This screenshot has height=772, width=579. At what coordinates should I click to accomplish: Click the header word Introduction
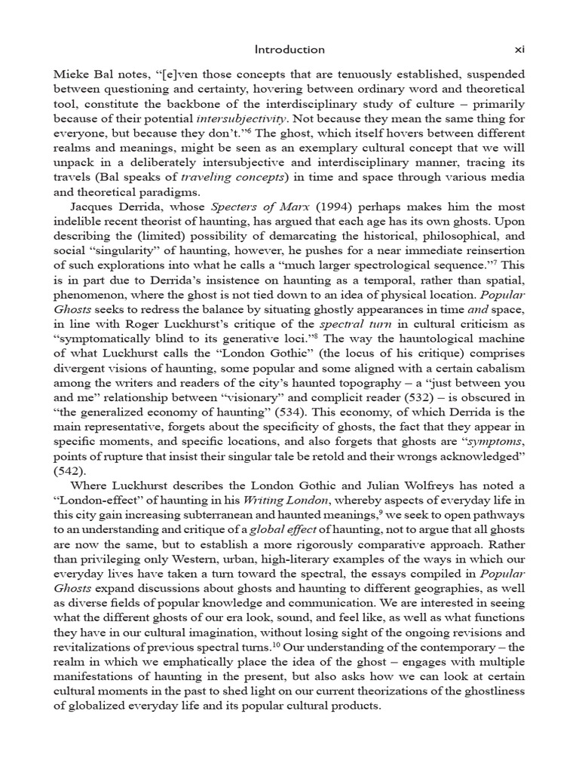click(x=289, y=50)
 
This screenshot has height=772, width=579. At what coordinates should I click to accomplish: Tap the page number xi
click(x=519, y=50)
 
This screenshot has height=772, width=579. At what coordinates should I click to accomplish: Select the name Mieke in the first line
click(x=70, y=75)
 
